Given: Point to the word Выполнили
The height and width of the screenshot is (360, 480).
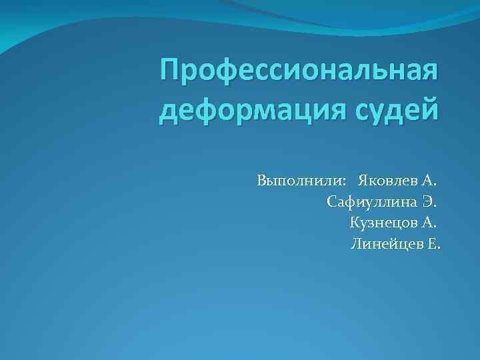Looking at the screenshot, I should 299,181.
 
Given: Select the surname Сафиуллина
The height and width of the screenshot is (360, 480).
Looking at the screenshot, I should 373,201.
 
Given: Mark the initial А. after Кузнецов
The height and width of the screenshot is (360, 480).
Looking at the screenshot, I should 431,223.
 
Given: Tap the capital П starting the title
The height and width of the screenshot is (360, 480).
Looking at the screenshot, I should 171,70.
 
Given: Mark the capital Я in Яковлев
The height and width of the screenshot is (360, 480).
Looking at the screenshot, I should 363,181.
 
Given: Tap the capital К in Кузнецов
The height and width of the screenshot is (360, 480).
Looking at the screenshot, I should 354,223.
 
